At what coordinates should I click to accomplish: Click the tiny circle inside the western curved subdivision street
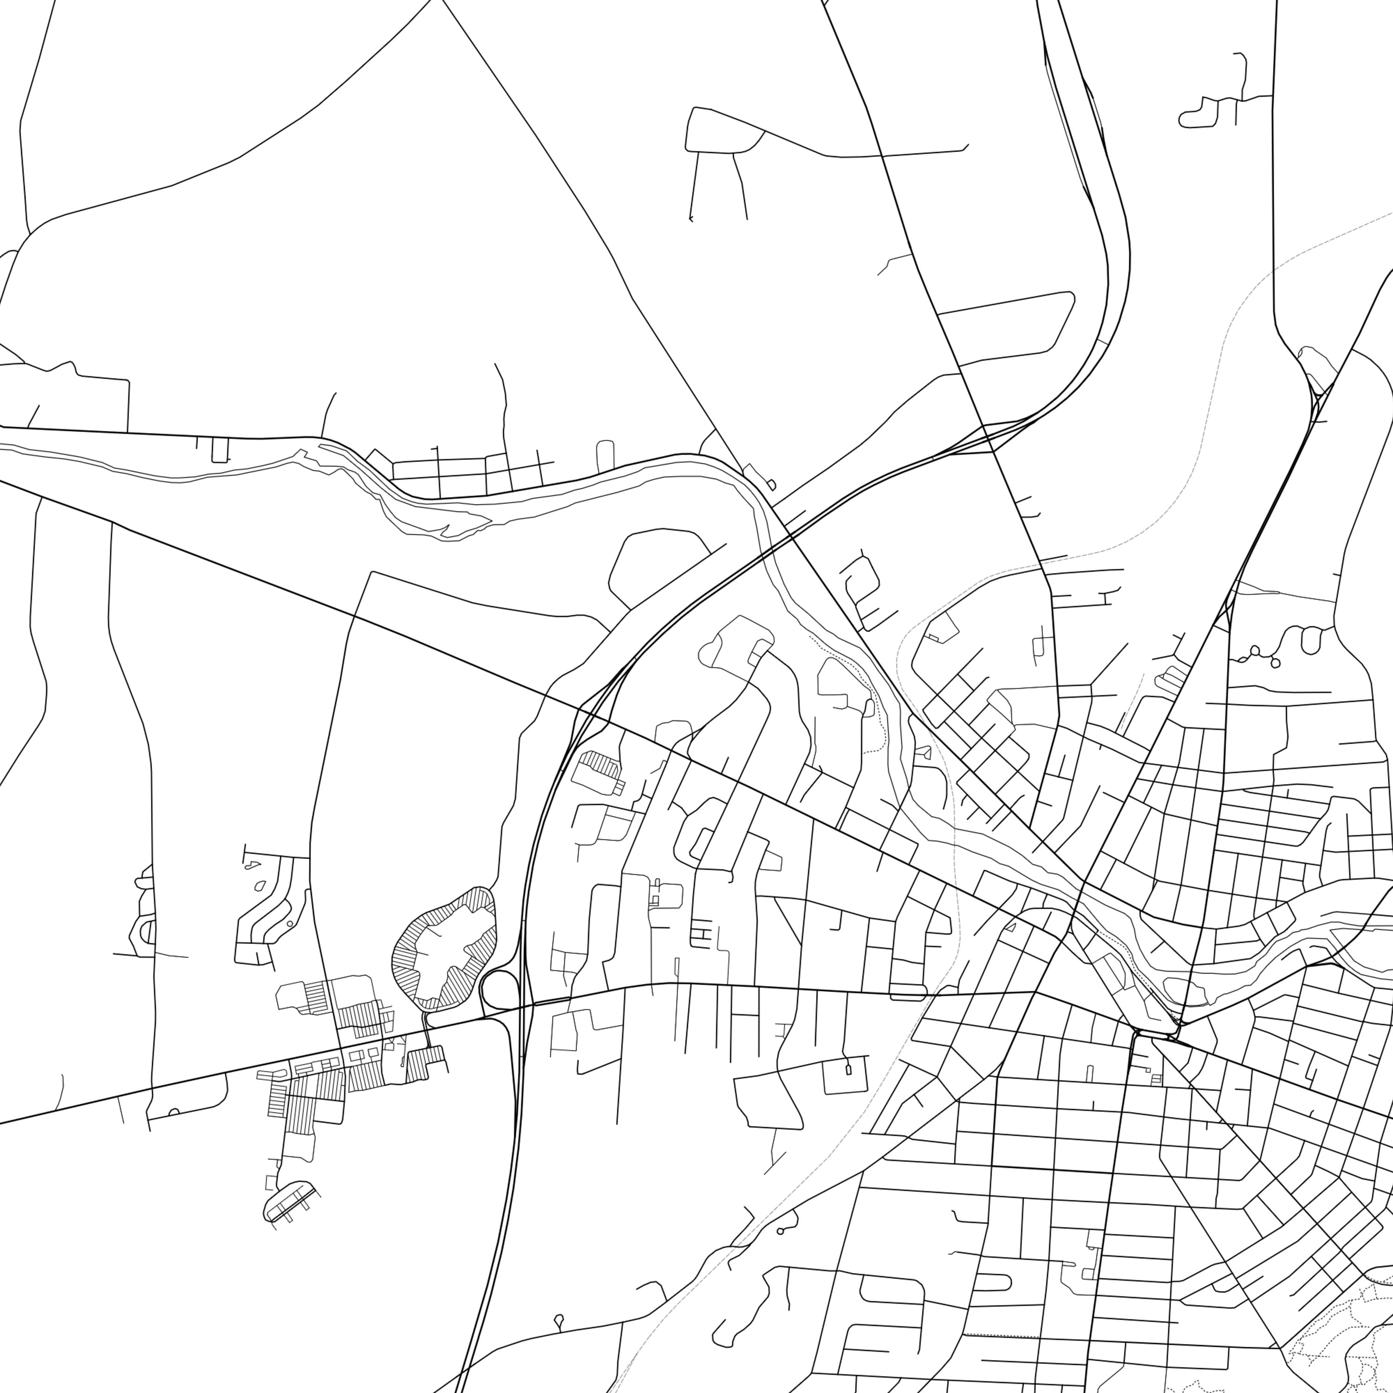[x=290, y=923]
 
